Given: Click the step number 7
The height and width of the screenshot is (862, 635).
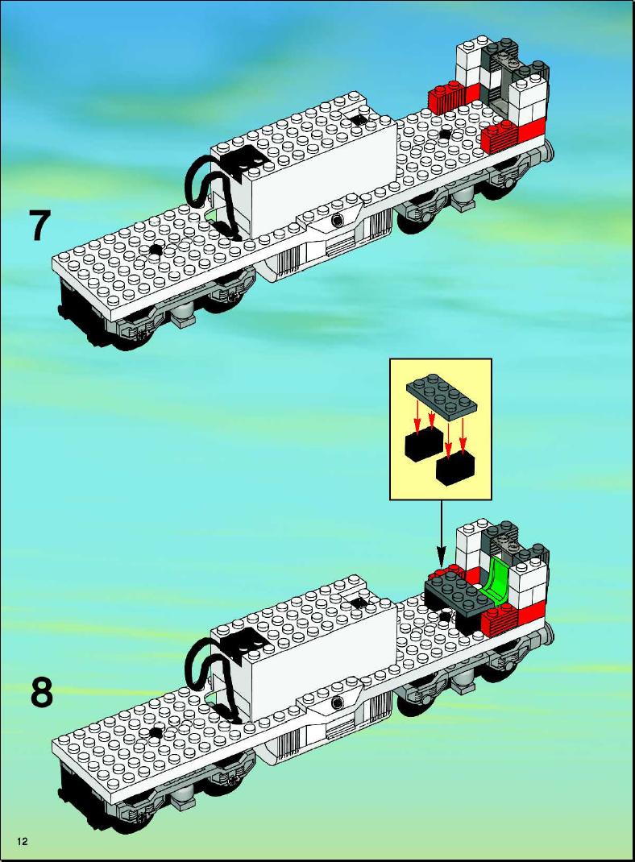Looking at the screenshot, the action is (40, 226).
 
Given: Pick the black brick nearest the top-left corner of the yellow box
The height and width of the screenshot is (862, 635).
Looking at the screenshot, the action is (423, 444).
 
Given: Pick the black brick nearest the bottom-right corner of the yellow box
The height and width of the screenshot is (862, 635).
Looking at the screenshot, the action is (455, 468).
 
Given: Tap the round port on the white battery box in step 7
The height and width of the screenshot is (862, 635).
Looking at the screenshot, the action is (337, 221).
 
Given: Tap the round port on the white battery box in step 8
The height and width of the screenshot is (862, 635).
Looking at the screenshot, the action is (337, 702).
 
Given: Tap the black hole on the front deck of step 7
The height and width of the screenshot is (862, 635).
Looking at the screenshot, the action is (156, 250).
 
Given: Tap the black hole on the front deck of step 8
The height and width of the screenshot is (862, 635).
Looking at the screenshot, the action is (156, 732).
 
